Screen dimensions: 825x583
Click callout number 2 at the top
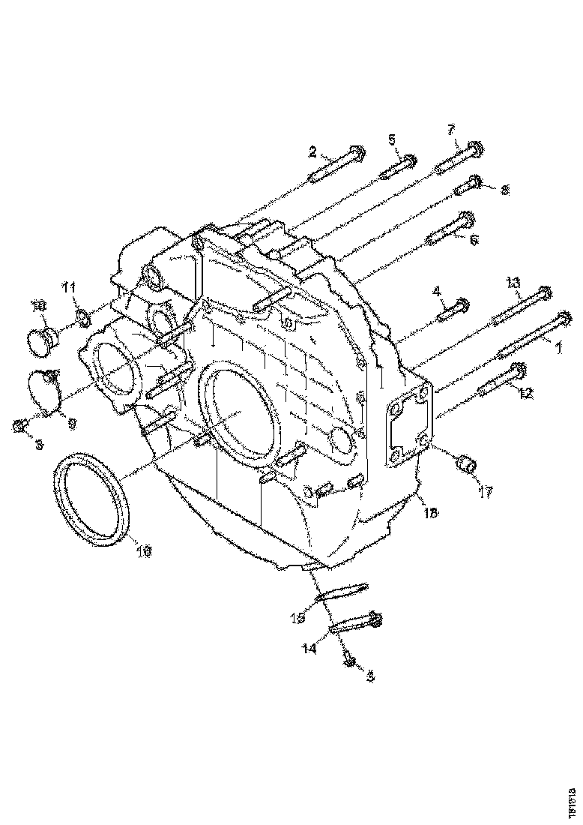[x=312, y=152]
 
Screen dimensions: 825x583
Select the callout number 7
[x=450, y=130]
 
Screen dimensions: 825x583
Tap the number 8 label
[x=504, y=190]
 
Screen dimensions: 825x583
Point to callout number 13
[x=512, y=282]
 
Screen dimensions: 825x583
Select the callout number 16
[x=143, y=551]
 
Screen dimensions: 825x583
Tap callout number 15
[x=298, y=618]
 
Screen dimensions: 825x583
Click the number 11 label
[x=69, y=287]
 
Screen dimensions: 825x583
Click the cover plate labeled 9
[x=45, y=391]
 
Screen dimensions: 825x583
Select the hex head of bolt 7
[x=474, y=147]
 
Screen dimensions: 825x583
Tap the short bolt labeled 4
[x=452, y=307]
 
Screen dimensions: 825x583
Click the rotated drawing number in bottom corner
[x=572, y=797]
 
